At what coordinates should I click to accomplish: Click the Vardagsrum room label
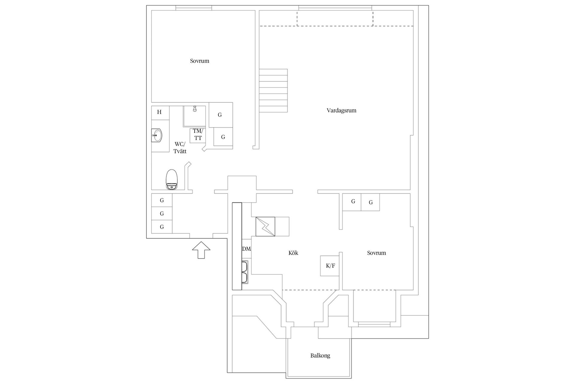click(341, 110)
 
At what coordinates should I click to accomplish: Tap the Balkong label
click(320, 356)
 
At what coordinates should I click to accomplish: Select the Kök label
click(293, 253)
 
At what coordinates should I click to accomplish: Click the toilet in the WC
click(171, 180)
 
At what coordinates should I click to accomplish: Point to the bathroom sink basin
click(157, 135)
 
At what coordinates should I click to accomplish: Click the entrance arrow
click(201, 250)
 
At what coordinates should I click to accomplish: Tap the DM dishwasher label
click(246, 249)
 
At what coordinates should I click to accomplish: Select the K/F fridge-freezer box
click(330, 266)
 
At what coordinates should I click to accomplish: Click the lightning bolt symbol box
click(265, 227)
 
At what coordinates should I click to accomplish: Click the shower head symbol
click(195, 109)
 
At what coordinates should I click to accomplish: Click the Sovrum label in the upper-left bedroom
click(200, 61)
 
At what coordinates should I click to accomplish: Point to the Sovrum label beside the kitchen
click(376, 253)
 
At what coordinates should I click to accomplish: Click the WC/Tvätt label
click(180, 148)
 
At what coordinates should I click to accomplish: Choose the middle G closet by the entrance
click(162, 214)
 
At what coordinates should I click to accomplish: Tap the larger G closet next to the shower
click(220, 115)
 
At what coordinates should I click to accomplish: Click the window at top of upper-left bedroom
click(194, 8)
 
